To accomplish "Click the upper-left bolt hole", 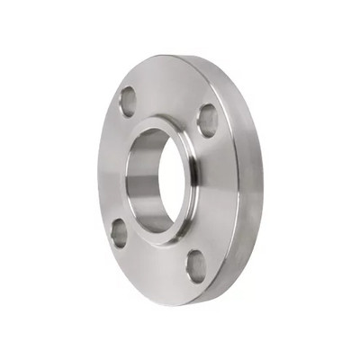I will tap(128, 101).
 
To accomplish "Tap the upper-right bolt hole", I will tap(207, 120).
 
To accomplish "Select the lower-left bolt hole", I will tap(118, 232).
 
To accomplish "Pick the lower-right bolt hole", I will tap(196, 265).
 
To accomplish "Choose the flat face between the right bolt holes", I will tap(216, 193).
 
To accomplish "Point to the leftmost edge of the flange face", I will tap(98, 171).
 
